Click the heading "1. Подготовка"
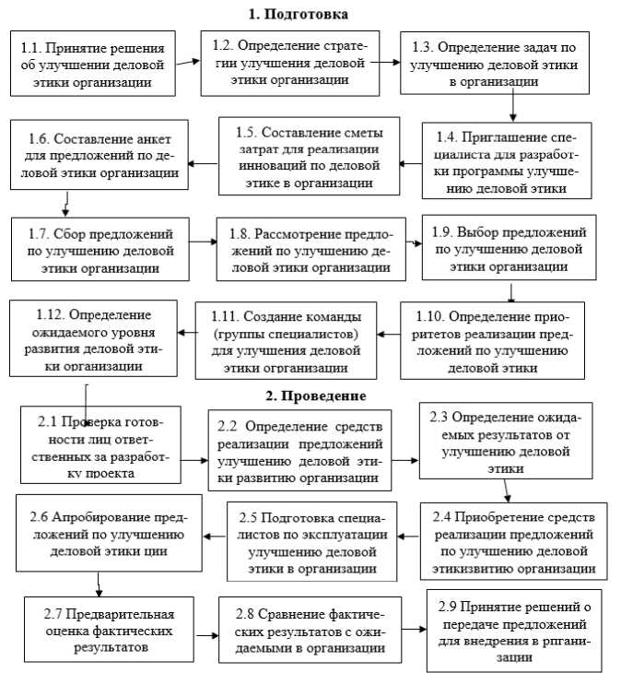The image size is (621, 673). click(299, 14)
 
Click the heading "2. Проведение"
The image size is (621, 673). click(317, 396)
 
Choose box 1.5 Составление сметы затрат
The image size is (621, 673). click(309, 156)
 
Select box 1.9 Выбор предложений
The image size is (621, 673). click(508, 247)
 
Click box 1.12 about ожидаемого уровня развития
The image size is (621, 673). click(94, 336)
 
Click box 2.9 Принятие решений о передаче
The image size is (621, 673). click(514, 631)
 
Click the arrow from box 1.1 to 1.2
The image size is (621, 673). click(187, 63)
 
